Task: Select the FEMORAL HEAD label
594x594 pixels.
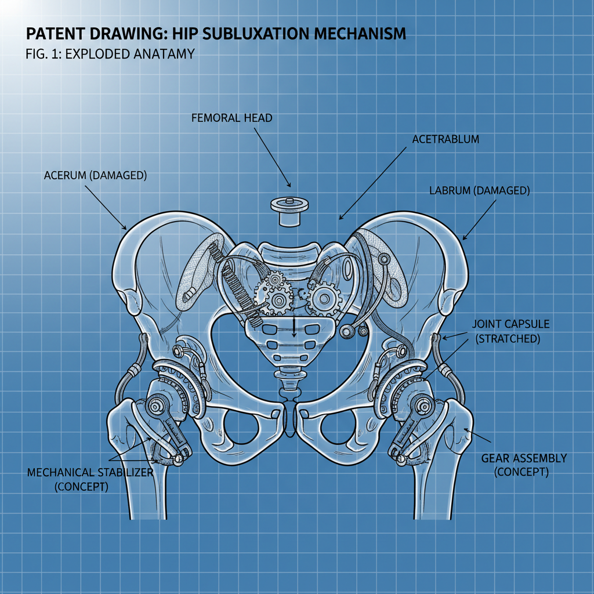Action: coord(231,118)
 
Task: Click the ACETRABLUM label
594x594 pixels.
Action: coord(445,139)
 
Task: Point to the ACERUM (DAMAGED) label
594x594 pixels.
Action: coord(95,175)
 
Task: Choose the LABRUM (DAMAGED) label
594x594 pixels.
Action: coord(479,190)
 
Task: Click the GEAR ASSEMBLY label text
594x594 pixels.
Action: coord(524,458)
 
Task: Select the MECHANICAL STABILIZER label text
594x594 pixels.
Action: coord(90,472)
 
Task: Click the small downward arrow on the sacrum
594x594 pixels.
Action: coord(294,334)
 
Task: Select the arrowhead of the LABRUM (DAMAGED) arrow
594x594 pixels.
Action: coord(464,237)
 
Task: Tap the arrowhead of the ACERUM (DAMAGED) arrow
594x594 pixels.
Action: coord(125,228)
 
